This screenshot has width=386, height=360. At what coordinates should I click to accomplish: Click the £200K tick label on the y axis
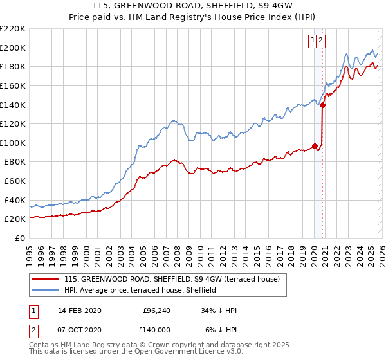tap(13, 48)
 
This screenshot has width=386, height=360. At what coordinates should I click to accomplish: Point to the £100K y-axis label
tap(13, 143)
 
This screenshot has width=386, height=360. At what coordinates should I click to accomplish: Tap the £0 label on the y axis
tap(21, 238)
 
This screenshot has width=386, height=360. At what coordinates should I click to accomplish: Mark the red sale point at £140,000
tap(322, 105)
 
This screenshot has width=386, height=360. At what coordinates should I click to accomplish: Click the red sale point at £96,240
tap(315, 147)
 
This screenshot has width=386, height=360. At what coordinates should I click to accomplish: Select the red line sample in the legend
tap(46, 280)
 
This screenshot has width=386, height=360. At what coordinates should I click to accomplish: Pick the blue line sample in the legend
tap(46, 291)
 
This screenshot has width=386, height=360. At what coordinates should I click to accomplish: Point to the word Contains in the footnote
tap(44, 345)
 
